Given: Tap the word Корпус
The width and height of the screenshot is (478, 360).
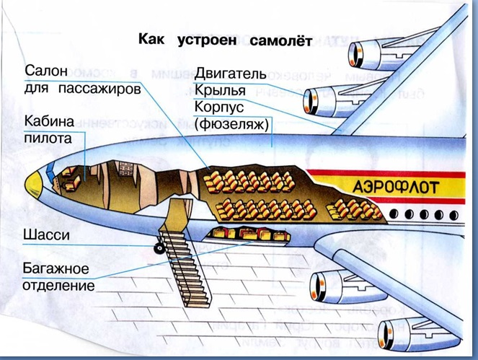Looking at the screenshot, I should tap(221, 108).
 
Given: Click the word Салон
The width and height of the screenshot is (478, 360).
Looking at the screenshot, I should tap(47, 71).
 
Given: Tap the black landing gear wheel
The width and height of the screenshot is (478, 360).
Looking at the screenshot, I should tap(157, 249).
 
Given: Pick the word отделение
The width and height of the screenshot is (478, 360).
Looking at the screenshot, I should tap(59, 286).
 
